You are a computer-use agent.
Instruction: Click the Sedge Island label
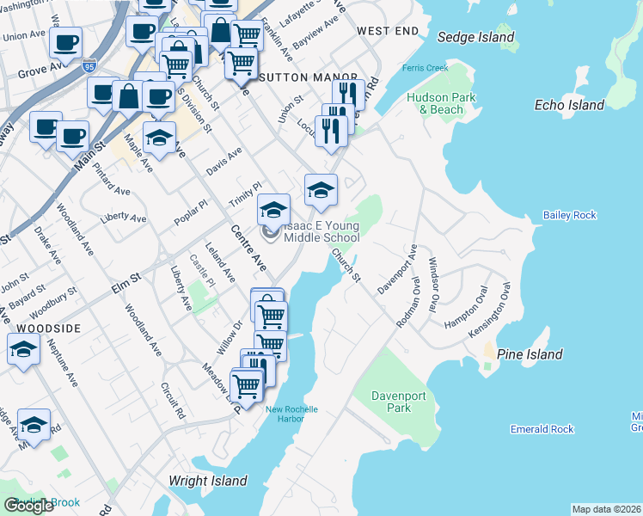tap(475, 37)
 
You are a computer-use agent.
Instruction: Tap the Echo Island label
tap(569, 105)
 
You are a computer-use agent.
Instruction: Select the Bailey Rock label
tap(569, 215)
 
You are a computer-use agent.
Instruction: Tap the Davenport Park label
tap(391, 402)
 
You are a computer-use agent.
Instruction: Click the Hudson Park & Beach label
tap(441, 103)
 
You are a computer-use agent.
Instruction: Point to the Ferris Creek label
tap(419, 68)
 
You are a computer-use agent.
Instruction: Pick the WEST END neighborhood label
tap(387, 31)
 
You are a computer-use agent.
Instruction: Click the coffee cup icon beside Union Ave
tap(65, 42)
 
